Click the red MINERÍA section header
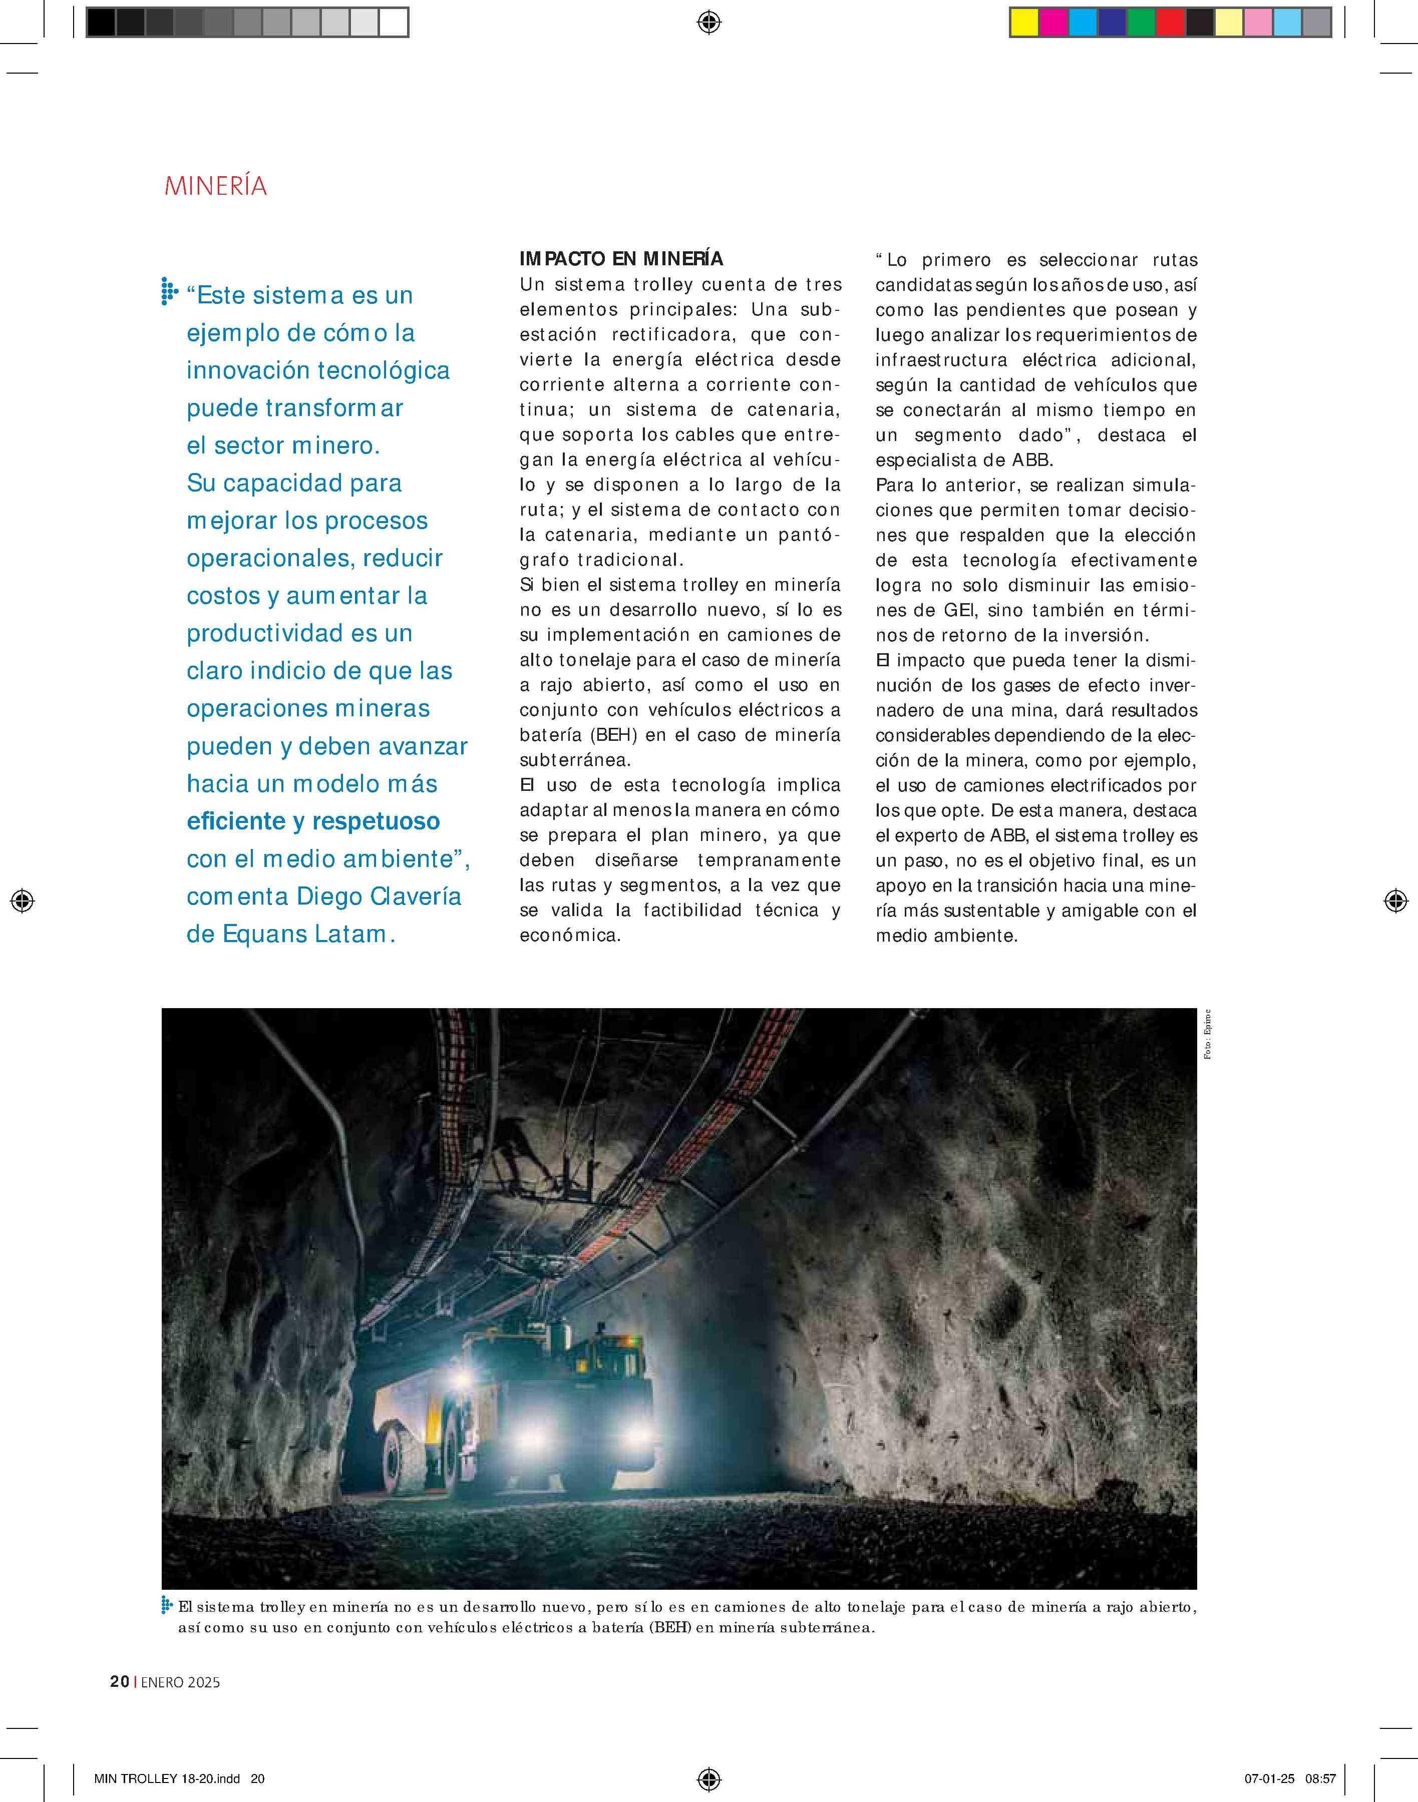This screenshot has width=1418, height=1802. click(216, 186)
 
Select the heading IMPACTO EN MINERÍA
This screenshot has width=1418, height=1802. click(621, 259)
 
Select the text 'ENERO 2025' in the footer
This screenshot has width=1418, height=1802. click(180, 1682)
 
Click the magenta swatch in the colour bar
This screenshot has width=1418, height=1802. click(1053, 23)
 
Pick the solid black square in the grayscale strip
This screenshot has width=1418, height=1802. click(101, 23)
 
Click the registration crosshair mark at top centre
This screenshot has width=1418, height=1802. click(709, 23)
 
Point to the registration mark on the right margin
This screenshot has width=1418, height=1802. click(1395, 900)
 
